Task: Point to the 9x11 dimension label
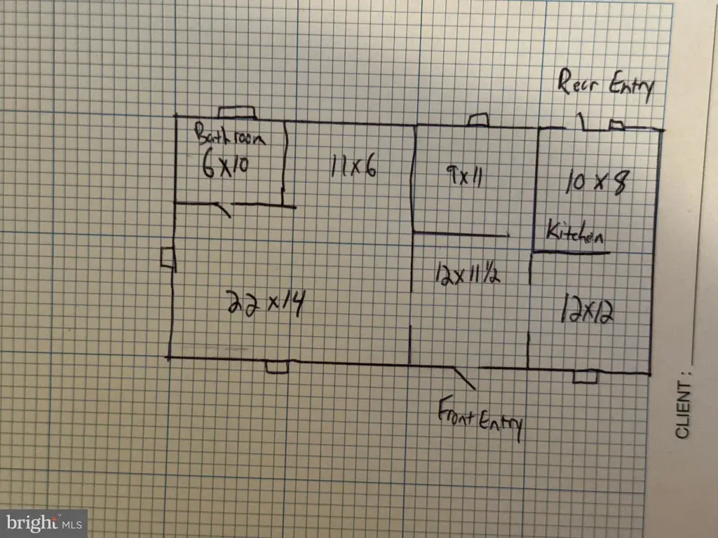click(x=463, y=175)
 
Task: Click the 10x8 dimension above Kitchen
click(x=595, y=183)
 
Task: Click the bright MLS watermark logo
click(x=43, y=523)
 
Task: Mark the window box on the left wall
click(x=168, y=258)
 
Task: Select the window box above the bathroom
click(x=236, y=113)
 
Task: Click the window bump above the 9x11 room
click(x=478, y=120)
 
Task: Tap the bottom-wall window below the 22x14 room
click(x=277, y=366)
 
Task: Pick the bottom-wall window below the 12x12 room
click(x=585, y=377)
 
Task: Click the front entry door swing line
click(x=465, y=378)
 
